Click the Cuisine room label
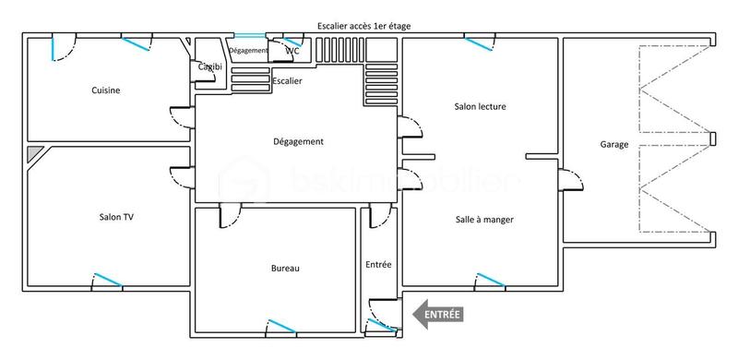[106, 90]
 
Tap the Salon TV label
[117, 217]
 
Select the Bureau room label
[285, 269]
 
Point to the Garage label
[613, 145]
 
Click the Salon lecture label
[480, 107]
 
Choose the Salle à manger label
[483, 220]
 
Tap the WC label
[292, 51]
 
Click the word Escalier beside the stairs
[287, 81]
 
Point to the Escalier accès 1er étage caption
[363, 27]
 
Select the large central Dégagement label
[298, 141]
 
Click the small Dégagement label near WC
[248, 51]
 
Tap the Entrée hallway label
[378, 264]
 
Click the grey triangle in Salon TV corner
[33, 153]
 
